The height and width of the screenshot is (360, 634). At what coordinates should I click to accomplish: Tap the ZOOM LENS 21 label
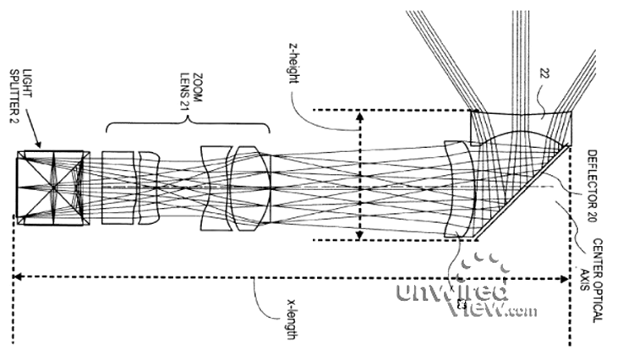(191, 98)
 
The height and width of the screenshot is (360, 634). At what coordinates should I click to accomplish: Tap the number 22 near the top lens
(544, 74)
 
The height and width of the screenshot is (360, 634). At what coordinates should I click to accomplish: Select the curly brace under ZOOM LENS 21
(188, 123)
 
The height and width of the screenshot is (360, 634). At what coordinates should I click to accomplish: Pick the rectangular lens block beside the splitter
(118, 188)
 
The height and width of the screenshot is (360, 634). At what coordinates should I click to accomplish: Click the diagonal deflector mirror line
(522, 192)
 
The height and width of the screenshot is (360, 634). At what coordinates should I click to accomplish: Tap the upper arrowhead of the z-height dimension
(359, 117)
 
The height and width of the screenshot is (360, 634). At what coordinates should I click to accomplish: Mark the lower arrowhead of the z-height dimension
(359, 234)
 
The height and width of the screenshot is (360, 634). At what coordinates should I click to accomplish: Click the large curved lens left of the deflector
(462, 188)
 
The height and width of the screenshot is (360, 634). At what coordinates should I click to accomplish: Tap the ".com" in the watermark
(522, 312)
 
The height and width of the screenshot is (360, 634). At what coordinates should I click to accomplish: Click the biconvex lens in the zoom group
(252, 188)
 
